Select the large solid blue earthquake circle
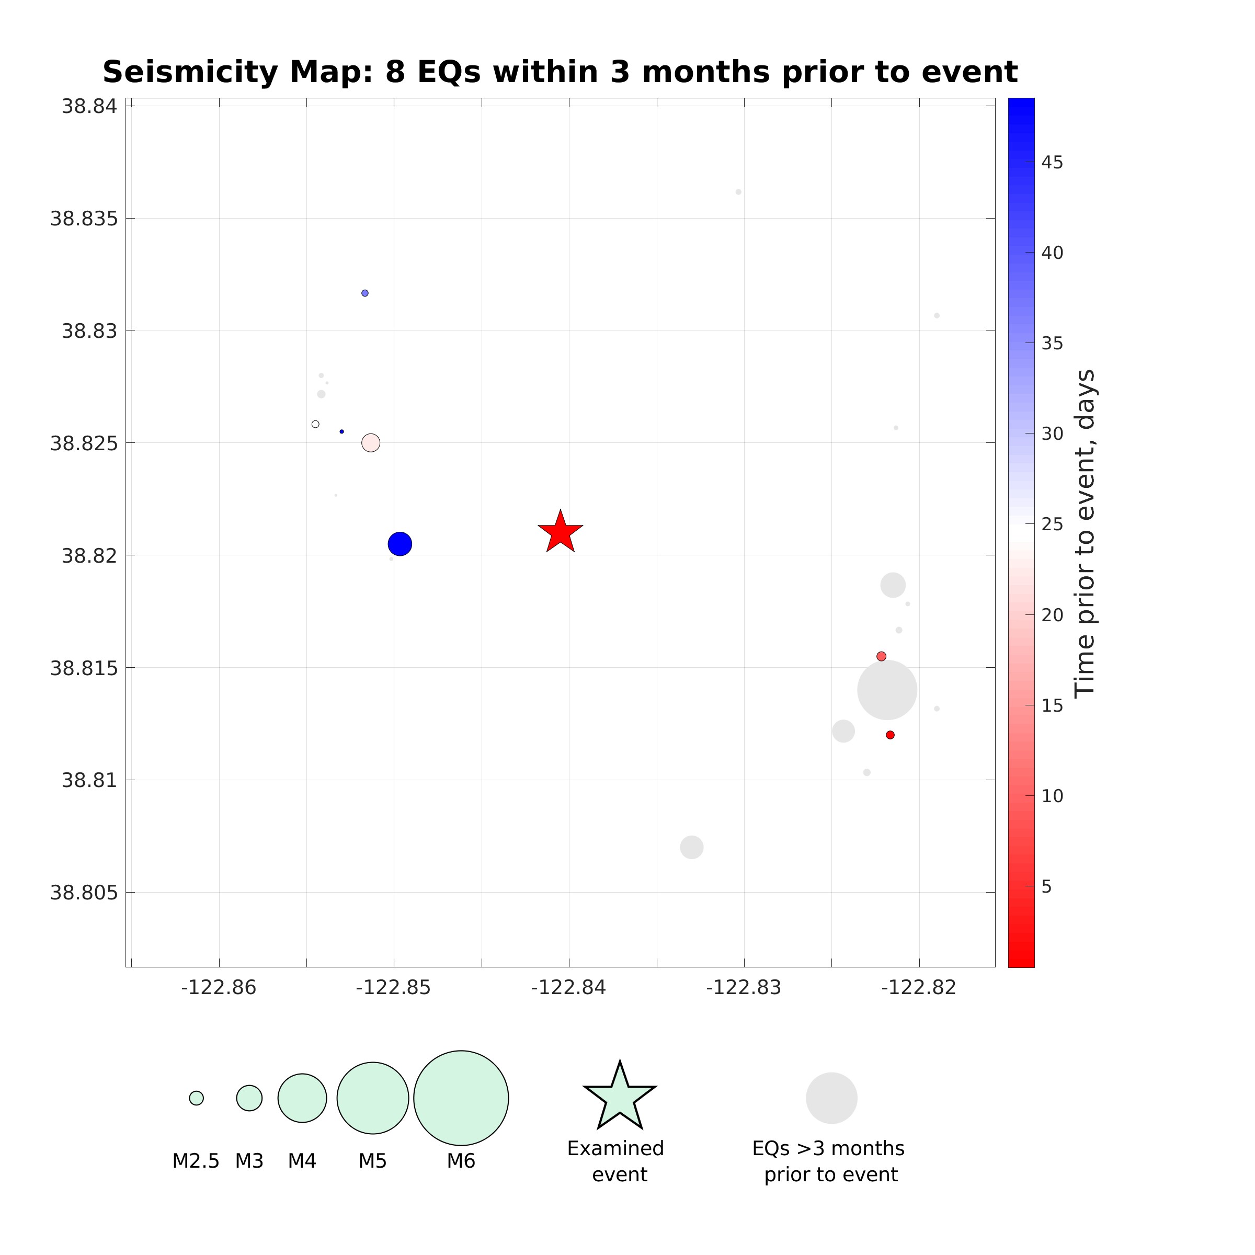pyautogui.click(x=400, y=544)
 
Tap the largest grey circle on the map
pyautogui.click(x=887, y=690)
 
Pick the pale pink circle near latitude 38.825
pyautogui.click(x=370, y=443)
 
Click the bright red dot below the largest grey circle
pyautogui.click(x=890, y=735)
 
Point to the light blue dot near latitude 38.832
pyautogui.click(x=365, y=293)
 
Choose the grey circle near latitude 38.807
pyautogui.click(x=691, y=847)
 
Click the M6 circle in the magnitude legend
pyautogui.click(x=461, y=1098)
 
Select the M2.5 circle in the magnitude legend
pyautogui.click(x=196, y=1098)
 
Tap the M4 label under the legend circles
pyautogui.click(x=302, y=1161)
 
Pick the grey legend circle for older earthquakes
pyautogui.click(x=831, y=1098)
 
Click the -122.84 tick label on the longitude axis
pyautogui.click(x=568, y=988)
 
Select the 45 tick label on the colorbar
pyautogui.click(x=1052, y=163)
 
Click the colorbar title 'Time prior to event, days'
pyautogui.click(x=1085, y=533)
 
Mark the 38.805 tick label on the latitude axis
pyautogui.click(x=84, y=893)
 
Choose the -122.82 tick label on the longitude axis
pyautogui.click(x=919, y=988)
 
